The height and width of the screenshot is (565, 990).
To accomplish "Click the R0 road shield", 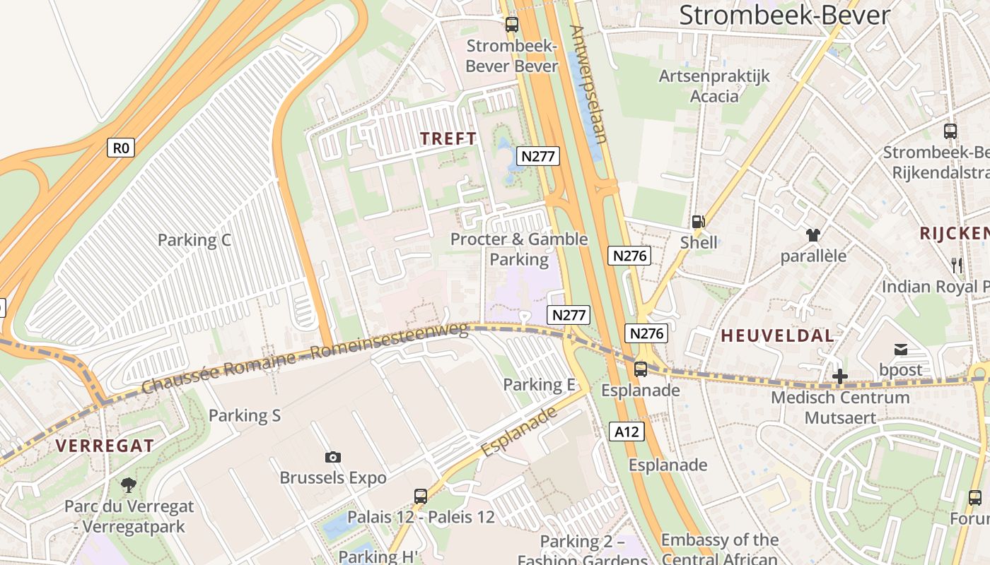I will tap(122, 148).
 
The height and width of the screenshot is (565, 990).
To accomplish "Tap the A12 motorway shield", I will tap(627, 431).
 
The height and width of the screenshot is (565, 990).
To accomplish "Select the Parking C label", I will tap(194, 240).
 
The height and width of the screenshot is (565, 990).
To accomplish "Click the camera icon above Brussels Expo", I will tap(333, 457).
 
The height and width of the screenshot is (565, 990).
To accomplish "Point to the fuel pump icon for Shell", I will tap(698, 222).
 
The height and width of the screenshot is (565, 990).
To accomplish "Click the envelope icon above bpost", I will tap(901, 349).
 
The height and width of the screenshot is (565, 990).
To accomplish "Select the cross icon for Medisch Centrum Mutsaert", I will tap(839, 376).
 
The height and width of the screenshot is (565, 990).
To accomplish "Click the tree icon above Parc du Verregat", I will tap(128, 485).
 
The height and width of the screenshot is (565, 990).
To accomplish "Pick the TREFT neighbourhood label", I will tap(448, 139).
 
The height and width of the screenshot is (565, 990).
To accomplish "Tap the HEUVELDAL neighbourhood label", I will tap(778, 336).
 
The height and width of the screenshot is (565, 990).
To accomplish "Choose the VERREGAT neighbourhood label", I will tap(105, 446).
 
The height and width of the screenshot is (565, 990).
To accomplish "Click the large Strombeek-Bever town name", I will tap(784, 15).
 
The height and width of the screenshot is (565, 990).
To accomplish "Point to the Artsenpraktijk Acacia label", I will tap(714, 85).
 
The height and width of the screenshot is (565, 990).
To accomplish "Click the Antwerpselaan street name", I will tap(588, 83).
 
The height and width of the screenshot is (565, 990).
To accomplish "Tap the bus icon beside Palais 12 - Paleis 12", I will tap(421, 496).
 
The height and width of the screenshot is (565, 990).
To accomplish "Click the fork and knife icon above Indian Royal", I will tap(956, 266).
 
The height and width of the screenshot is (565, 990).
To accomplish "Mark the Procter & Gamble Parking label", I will tap(519, 249).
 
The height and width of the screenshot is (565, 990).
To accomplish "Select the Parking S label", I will tap(245, 415).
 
